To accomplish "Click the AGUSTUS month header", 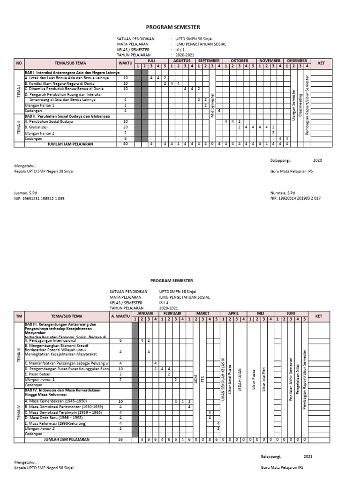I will click(182, 61).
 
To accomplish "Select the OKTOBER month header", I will click(239, 61).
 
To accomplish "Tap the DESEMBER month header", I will click(297, 61).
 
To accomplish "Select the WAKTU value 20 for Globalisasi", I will click(125, 127).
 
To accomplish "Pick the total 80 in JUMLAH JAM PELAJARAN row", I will click(125, 144).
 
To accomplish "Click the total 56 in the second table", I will click(120, 440).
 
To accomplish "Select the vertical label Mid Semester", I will click(212, 105).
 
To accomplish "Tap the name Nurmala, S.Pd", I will click(283, 193).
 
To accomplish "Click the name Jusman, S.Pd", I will click(26, 193).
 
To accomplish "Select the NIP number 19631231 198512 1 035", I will click(39, 199).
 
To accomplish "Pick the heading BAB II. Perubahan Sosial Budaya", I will click(67, 116).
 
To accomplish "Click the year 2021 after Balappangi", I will click(308, 456).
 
